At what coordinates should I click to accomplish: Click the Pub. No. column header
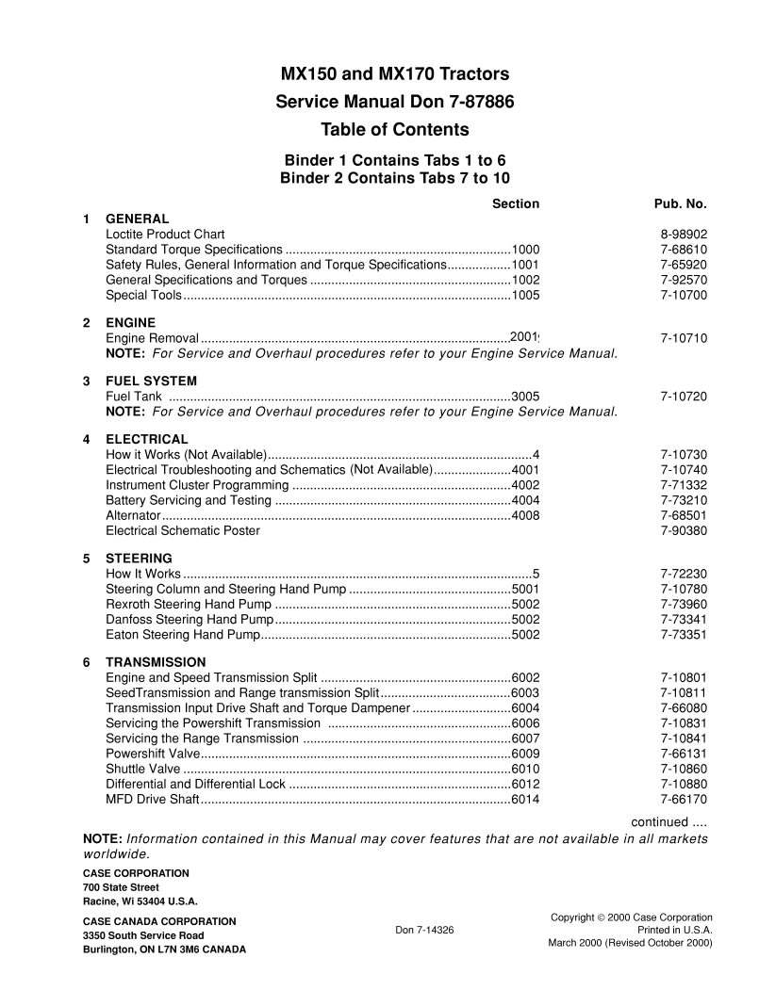pos(680,203)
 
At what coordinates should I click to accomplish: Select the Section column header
pos(516,203)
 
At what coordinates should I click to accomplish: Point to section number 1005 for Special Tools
pos(525,296)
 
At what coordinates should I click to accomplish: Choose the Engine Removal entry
pos(152,338)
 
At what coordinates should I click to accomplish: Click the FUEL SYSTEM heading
pos(151,381)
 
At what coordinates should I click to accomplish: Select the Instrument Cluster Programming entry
pos(197,485)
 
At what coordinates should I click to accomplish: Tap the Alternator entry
pos(133,515)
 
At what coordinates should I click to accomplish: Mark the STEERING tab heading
pos(139,558)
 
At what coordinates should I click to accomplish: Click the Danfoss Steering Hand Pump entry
pos(190,619)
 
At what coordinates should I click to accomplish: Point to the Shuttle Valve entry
pos(143,770)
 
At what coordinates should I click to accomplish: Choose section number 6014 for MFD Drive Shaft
pos(525,800)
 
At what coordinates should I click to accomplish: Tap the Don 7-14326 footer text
pos(424,929)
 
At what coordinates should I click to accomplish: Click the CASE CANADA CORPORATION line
pos(159,920)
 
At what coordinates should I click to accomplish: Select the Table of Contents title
pos(395,130)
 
